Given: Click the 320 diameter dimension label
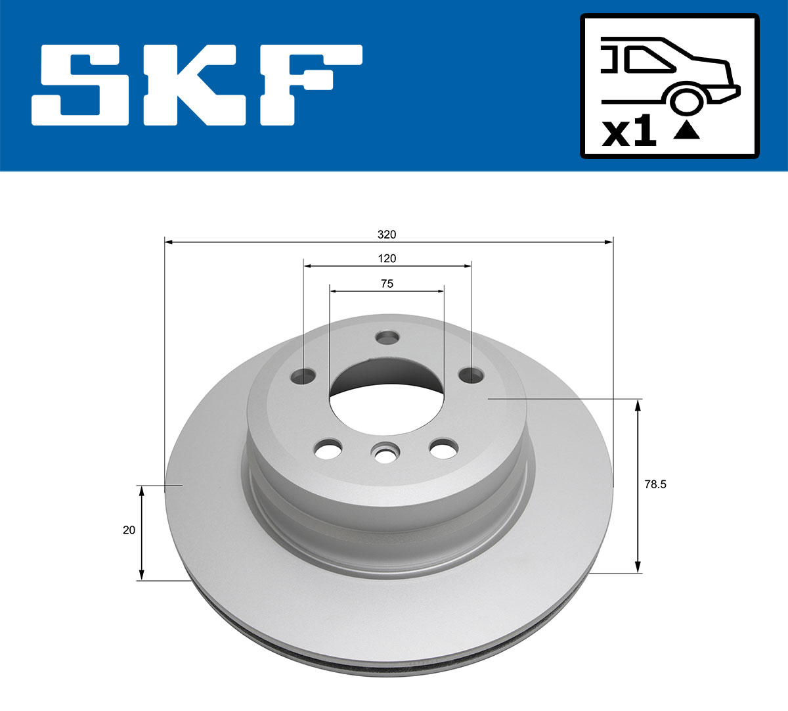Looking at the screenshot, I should [x=387, y=235].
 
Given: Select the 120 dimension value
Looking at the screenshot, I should [x=387, y=258].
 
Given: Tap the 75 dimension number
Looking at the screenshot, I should [x=387, y=283].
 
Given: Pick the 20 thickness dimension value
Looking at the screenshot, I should [x=129, y=530].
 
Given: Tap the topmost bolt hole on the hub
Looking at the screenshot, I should [x=387, y=338].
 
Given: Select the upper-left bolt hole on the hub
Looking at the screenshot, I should [x=303, y=377].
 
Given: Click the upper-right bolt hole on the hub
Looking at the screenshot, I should [x=471, y=375].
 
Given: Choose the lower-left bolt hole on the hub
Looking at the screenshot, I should [x=328, y=451].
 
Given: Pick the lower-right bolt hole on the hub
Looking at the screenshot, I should [x=443, y=449].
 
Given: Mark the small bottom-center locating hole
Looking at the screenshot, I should [x=385, y=452].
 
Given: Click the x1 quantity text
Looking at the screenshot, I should [x=629, y=133].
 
